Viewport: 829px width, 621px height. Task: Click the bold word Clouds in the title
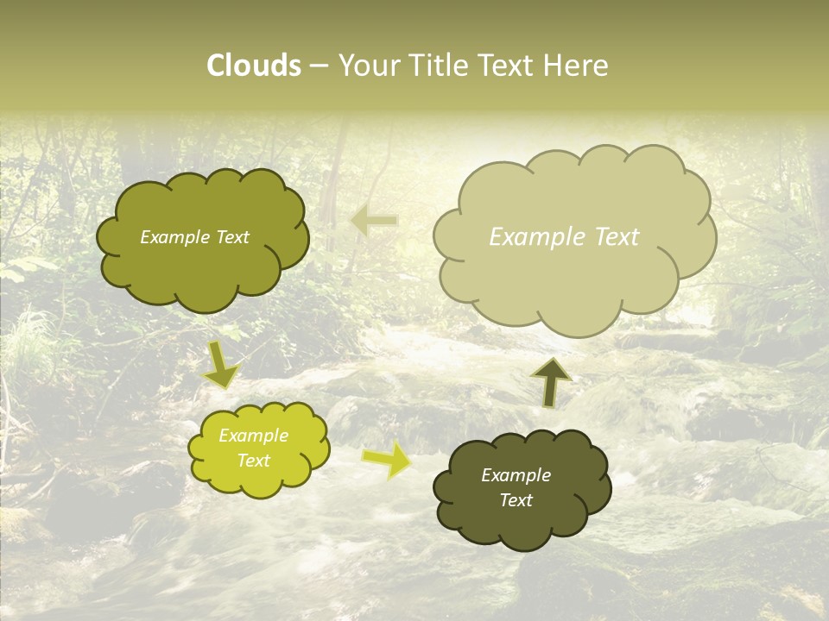point(254,66)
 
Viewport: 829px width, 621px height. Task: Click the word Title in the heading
point(440,66)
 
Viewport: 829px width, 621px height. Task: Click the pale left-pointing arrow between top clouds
point(374,222)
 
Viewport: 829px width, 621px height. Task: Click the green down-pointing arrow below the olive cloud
point(221,364)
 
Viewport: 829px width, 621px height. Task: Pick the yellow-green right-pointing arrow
point(387,461)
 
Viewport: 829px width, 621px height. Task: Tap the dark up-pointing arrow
point(551,381)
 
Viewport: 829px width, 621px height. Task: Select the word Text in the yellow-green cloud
point(254,461)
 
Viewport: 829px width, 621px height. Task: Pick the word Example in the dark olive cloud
point(516,475)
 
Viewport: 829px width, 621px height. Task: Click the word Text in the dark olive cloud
point(516,500)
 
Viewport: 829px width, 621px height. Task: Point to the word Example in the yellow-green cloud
point(254,436)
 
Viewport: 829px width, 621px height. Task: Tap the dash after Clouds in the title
point(318,66)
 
